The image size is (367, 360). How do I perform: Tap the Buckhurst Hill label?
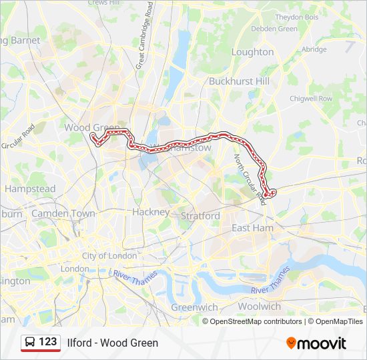point(238,81)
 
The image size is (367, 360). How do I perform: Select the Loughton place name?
point(252,51)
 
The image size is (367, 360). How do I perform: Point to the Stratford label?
point(200,216)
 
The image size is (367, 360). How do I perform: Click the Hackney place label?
point(151,211)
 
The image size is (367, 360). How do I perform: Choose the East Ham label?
point(252,228)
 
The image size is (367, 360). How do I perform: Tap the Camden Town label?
point(63,213)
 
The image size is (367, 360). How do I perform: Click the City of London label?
point(109,256)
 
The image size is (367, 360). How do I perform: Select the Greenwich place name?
point(194,307)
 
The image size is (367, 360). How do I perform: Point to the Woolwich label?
point(260,307)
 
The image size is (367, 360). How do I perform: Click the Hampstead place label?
point(30,189)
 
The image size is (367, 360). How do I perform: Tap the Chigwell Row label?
point(310,99)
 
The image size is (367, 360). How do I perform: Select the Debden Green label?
point(274,29)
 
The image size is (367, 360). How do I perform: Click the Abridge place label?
point(314,49)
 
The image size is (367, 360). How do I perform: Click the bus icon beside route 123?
point(30,342)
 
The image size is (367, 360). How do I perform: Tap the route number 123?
point(48,342)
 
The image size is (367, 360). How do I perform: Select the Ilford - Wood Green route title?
point(113,343)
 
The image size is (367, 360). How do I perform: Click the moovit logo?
point(316,343)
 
